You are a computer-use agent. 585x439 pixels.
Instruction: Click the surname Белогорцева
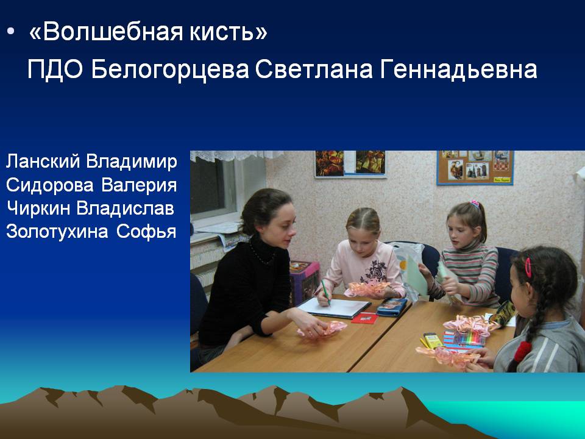coord(170,70)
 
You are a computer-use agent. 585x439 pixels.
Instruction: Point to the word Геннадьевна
coord(458,70)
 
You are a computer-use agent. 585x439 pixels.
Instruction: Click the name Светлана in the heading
coord(314,70)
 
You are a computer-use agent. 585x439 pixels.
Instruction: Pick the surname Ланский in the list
coord(43,161)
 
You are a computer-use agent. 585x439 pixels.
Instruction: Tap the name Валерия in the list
coord(139,185)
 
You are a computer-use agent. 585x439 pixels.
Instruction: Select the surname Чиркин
coord(38,209)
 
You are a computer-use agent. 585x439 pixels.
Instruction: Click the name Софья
coord(146,232)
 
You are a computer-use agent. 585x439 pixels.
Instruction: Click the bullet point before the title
coord(10,32)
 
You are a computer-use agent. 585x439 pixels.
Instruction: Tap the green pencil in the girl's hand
coord(325,291)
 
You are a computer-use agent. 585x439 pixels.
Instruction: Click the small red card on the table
coord(364,318)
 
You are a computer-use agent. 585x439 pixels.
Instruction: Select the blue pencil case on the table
coord(391,307)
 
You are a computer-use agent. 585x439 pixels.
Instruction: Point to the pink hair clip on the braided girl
coord(528,267)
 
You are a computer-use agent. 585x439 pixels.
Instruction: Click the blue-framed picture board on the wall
coord(475,167)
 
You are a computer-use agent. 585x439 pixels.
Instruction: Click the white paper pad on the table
coord(334,308)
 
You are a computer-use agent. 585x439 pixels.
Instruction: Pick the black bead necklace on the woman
coord(261,254)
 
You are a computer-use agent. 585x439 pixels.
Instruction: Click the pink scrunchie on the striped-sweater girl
coord(475,204)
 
